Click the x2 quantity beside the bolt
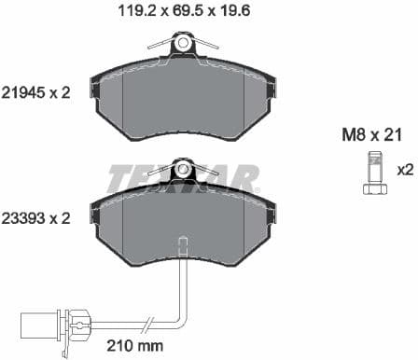(404, 171)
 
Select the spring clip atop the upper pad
(183, 43)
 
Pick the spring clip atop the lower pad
(183, 169)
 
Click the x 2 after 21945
(62, 92)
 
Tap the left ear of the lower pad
(93, 213)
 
